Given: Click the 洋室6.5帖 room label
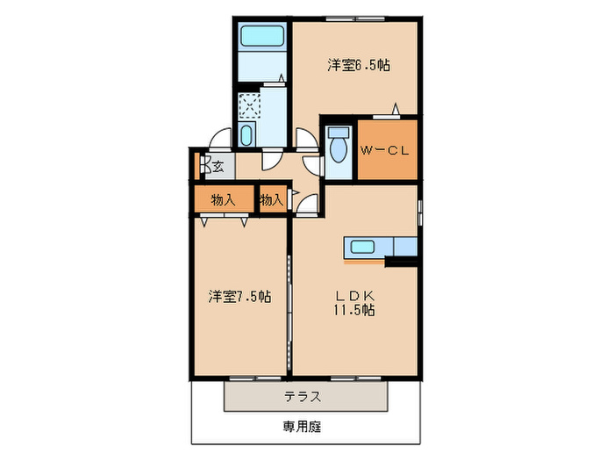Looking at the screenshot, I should (359, 65).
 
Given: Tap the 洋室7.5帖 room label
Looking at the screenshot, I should (239, 296).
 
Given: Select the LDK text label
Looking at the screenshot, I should (353, 296).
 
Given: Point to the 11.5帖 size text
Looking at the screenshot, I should (353, 311).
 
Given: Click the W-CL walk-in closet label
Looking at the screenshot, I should (385, 151).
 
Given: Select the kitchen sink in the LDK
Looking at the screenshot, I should (362, 247).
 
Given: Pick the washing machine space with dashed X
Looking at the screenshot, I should (251, 105).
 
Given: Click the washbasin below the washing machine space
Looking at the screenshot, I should (246, 135).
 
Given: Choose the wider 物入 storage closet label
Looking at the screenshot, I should (224, 199).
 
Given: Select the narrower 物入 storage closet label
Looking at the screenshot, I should (272, 199).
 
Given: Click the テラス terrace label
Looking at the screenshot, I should (302, 396).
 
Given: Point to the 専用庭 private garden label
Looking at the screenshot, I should (302, 427).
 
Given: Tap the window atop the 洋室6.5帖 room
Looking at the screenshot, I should (356, 18).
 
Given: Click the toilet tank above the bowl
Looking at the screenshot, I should (338, 133).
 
